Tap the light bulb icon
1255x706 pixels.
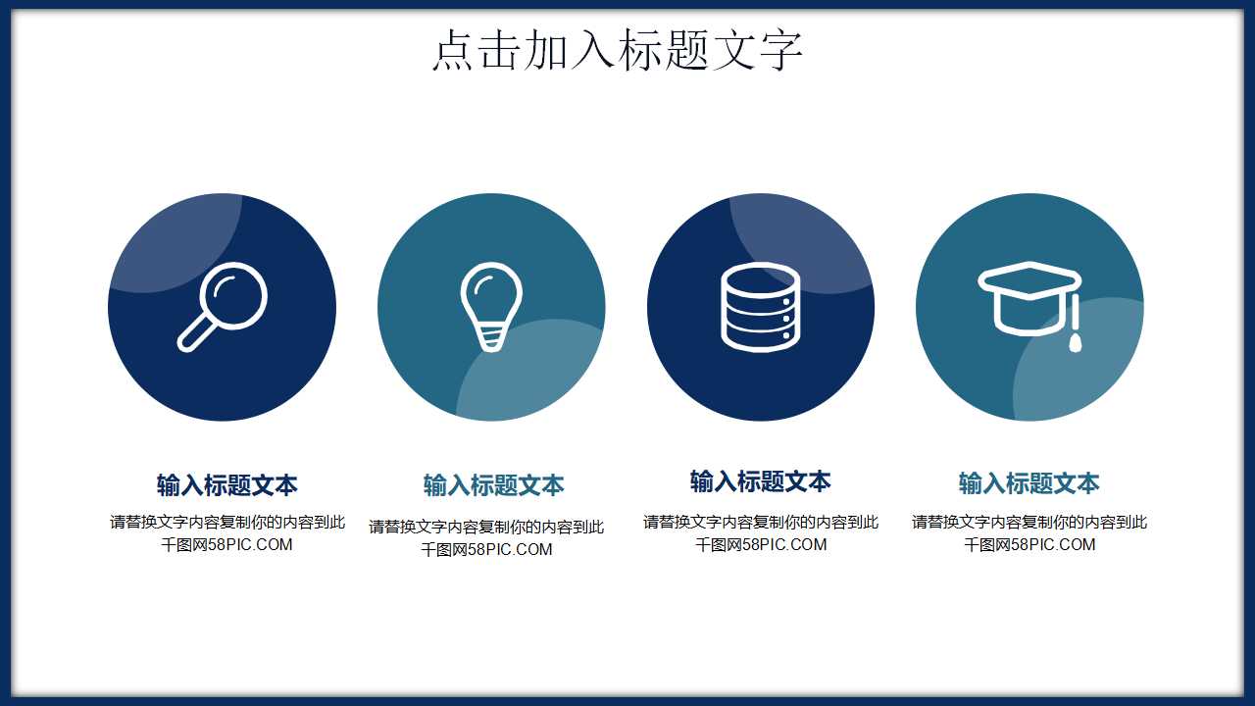coord(491,305)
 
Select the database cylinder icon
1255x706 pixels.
coord(760,307)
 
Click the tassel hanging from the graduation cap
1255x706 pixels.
coord(1076,328)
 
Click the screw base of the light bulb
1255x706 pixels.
coord(491,338)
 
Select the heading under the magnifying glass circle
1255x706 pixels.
coord(226,484)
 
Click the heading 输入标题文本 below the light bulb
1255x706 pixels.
coord(493,485)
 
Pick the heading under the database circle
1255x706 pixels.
coord(760,481)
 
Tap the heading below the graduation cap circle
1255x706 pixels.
coord(1029,483)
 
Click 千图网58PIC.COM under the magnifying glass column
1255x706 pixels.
coord(226,545)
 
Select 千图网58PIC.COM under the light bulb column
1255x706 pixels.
coord(486,550)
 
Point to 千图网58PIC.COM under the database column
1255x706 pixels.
coord(761,545)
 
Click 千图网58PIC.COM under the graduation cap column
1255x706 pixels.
coord(1029,545)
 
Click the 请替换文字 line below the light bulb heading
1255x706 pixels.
coord(486,527)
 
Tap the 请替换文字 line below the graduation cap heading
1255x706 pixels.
coord(1029,522)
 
